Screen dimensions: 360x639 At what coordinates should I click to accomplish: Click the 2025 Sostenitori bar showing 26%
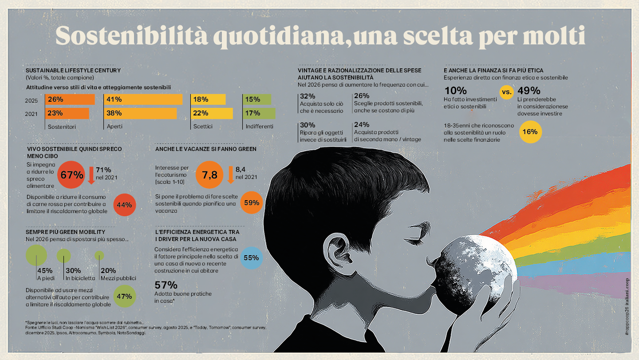(70, 99)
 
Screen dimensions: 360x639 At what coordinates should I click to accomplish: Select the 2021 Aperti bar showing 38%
(140, 113)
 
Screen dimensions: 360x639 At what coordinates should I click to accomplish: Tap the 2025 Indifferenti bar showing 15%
(257, 99)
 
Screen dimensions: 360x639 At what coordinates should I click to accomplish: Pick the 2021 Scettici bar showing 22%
(212, 113)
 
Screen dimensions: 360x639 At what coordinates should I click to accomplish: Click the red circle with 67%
(72, 175)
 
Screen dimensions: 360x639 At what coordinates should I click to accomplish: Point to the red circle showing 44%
(125, 205)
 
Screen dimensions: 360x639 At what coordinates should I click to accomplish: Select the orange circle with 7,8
(209, 175)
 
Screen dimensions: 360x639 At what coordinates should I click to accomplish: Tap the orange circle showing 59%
(252, 202)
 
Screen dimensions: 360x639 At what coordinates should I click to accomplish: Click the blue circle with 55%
(251, 258)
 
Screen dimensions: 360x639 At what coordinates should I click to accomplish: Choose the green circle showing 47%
(125, 297)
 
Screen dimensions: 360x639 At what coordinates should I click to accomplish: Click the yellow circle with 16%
(530, 132)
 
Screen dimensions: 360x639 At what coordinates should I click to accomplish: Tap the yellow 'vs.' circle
(506, 93)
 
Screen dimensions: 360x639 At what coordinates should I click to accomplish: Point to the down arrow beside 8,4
(230, 174)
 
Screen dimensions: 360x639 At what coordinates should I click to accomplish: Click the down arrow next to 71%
(91, 175)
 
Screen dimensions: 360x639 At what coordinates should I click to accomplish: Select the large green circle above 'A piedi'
(36, 255)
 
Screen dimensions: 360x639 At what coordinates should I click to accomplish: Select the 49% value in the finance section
(529, 91)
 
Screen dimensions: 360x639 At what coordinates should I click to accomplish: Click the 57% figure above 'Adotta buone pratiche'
(166, 285)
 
